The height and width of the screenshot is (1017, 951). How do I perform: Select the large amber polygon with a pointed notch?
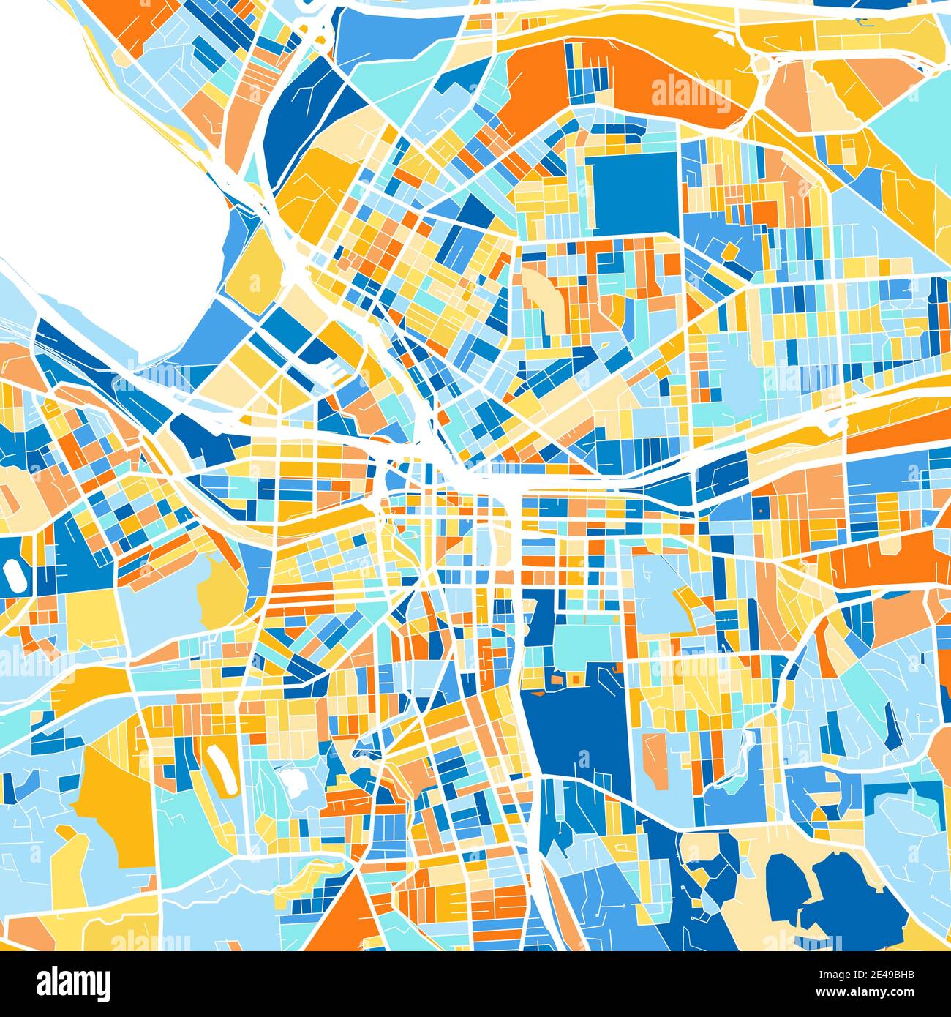(x=110, y=805)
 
